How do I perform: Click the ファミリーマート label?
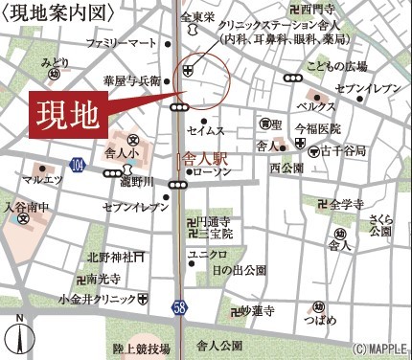(x=120, y=44)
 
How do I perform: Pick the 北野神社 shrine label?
(x=108, y=257)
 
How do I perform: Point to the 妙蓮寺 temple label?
(x=257, y=311)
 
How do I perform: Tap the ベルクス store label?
(x=315, y=105)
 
